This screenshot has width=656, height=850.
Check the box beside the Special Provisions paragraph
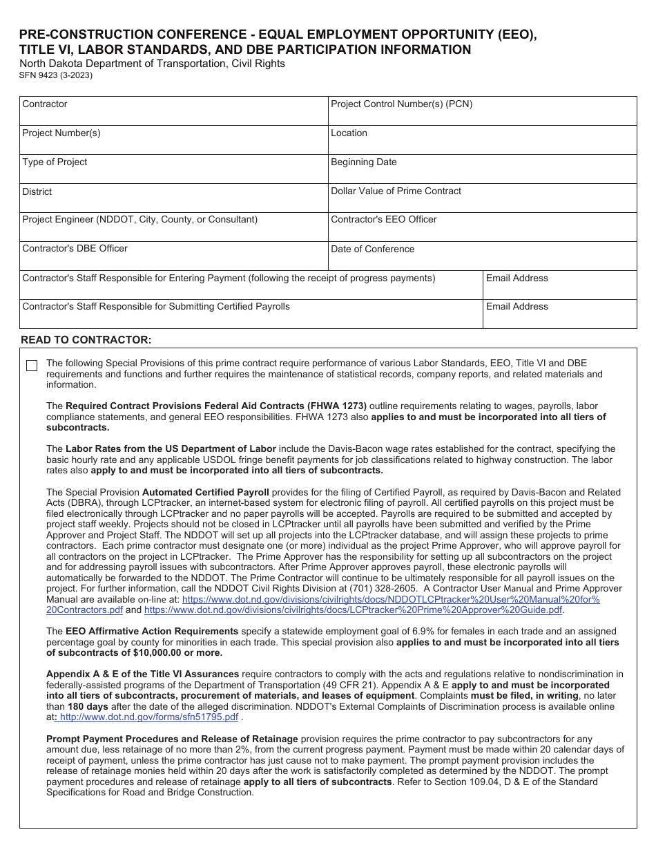[x=32, y=366]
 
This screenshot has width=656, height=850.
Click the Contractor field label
[x=45, y=104]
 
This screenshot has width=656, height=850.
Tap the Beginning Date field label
[x=363, y=162]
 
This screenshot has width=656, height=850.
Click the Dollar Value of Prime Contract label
[x=396, y=191]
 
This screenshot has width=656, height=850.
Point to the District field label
[x=37, y=191]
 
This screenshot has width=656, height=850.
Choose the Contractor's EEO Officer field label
[x=383, y=220]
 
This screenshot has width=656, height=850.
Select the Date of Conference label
[x=372, y=249]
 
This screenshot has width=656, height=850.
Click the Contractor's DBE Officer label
[x=75, y=249]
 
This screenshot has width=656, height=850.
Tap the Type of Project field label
[x=55, y=162]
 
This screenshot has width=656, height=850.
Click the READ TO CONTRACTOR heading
[x=86, y=340]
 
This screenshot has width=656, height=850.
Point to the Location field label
[x=349, y=133]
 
